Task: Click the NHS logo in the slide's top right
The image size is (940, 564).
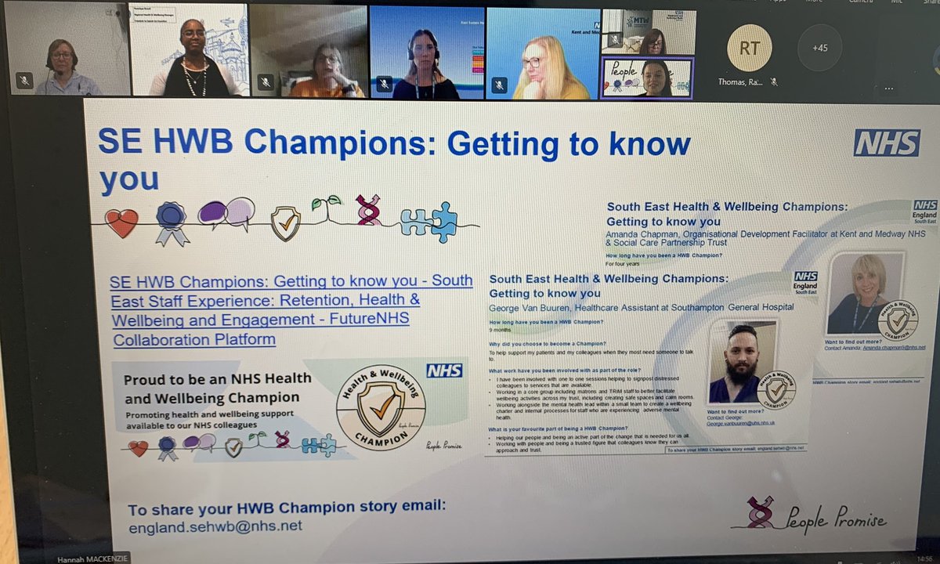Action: pos(887,143)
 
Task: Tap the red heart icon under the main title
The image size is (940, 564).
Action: pos(121,223)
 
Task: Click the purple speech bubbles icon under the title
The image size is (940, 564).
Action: pos(226,213)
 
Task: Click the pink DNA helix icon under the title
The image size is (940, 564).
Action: pos(368,210)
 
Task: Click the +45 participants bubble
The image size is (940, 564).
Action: pos(819,48)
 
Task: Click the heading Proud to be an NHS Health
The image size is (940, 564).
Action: pos(217,378)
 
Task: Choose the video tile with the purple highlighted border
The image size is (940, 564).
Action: pos(647,78)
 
